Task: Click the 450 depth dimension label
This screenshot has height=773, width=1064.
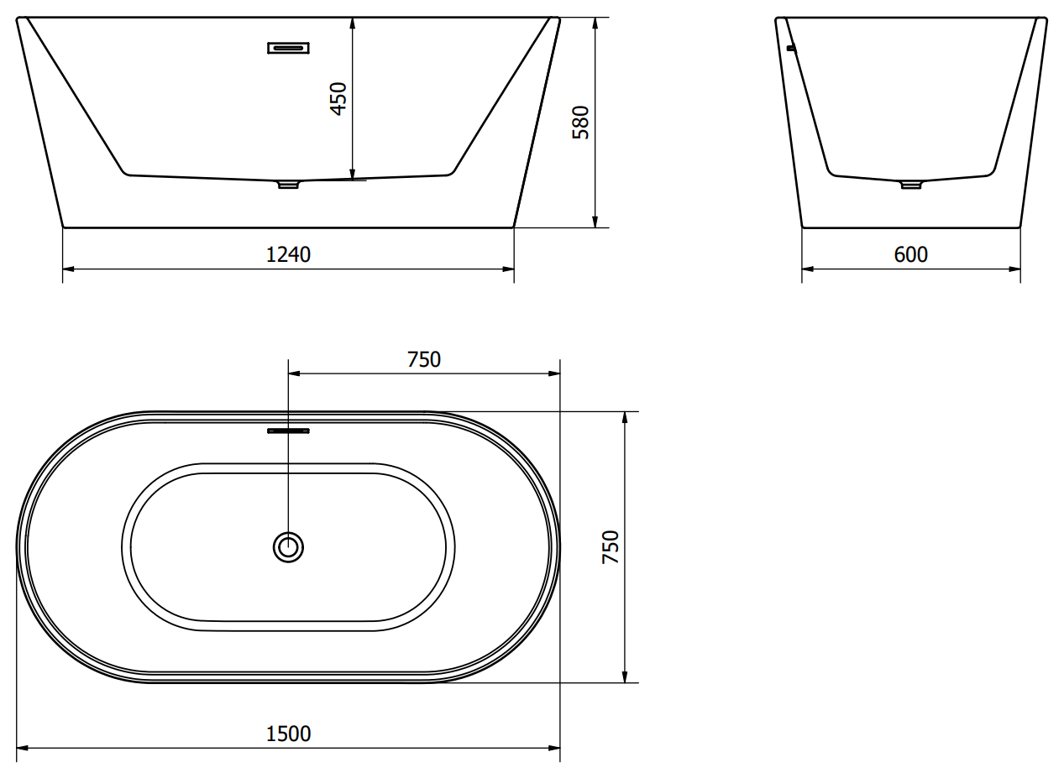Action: coord(338,99)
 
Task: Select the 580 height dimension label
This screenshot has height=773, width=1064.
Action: coord(580,123)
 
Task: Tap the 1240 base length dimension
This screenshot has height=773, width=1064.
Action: coord(288,254)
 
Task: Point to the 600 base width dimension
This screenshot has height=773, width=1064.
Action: coord(910,254)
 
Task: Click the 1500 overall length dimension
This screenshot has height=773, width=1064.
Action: coord(288,734)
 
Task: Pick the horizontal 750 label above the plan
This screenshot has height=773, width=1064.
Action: coord(424,359)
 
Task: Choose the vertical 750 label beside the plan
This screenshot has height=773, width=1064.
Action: coord(611,547)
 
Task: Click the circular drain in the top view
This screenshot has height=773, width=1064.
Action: coord(288,547)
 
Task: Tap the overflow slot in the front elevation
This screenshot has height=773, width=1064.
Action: coord(288,48)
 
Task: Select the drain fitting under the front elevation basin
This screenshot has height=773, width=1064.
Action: coord(288,185)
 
